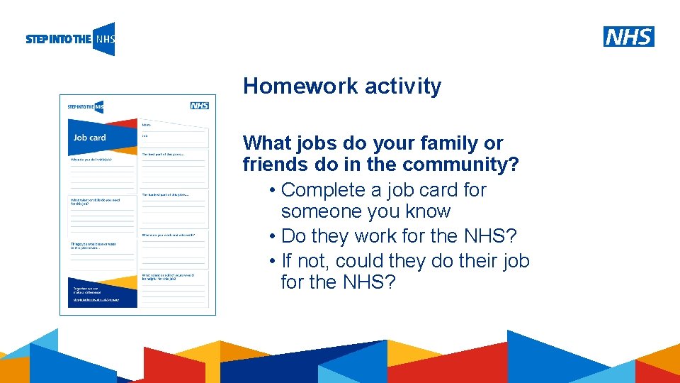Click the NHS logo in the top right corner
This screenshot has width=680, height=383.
[x=628, y=36]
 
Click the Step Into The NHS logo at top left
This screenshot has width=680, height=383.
[x=70, y=39]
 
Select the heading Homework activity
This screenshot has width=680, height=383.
[x=342, y=87]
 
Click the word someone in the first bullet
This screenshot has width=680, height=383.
[x=323, y=211]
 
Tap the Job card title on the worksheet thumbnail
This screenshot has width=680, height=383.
[x=89, y=138]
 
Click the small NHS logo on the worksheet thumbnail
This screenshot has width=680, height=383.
[x=199, y=106]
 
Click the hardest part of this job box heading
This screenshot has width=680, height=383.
[x=164, y=194]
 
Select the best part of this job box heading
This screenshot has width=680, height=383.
[x=163, y=153]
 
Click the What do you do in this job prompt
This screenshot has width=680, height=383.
[x=91, y=160]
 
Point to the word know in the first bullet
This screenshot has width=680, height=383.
[x=429, y=211]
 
